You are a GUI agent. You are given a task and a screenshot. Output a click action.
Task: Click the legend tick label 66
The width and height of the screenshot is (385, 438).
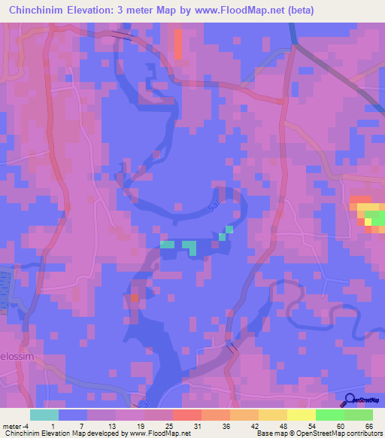[x=368, y=425]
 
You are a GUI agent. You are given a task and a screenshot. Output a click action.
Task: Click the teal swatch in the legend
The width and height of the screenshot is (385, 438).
[x=44, y=415]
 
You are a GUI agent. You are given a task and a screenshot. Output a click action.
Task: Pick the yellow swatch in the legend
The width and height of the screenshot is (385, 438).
[x=301, y=415]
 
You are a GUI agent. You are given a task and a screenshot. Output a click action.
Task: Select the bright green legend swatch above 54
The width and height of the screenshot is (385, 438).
[x=329, y=415]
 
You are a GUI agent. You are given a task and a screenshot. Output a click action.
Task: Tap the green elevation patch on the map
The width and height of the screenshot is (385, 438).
[x=374, y=217]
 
